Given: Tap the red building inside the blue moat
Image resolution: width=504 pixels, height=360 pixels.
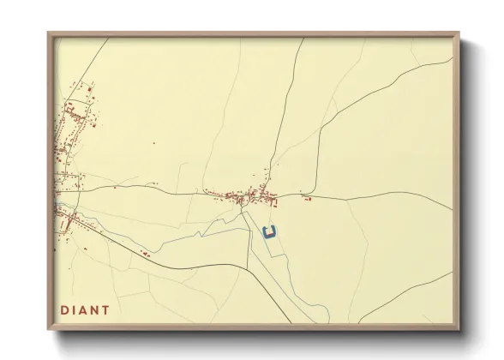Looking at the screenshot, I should point(271,230).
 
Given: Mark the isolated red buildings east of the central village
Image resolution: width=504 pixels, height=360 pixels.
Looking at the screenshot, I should point(306,199).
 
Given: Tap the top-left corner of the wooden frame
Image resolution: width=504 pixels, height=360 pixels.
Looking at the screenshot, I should point(49,34).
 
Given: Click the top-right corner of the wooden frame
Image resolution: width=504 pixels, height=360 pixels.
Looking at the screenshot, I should point(458,34).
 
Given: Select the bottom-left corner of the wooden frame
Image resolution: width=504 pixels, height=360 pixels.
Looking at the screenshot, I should point(49,329).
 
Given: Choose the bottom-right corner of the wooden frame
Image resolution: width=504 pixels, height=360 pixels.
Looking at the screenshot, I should point(458,329).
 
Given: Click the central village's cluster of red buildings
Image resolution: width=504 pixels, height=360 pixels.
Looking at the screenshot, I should point(249,199).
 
